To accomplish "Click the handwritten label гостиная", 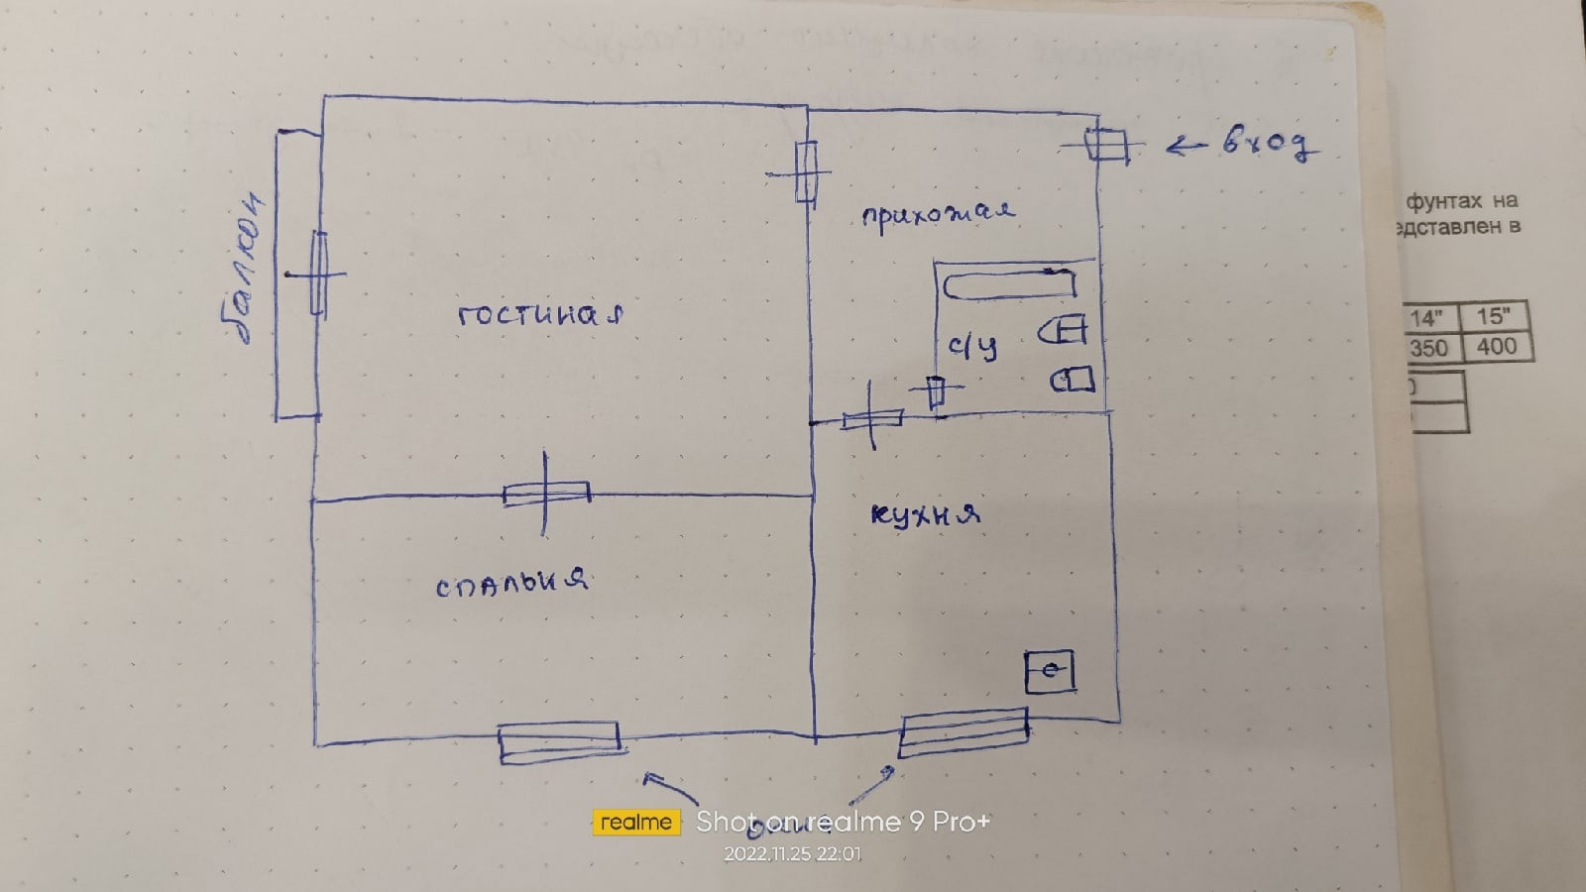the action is (540, 315).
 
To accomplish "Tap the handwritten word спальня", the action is (511, 583).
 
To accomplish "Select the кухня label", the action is (925, 514).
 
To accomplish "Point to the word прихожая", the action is (938, 213).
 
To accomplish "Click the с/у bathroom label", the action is (972, 347).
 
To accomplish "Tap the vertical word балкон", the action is (244, 268).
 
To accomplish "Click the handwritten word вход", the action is (1269, 143).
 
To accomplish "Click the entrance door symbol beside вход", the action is (1105, 146).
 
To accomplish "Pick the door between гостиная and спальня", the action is (545, 493).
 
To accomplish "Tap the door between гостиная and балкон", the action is (317, 274).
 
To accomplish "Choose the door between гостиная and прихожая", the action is (805, 172).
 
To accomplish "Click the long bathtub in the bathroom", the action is (1008, 285).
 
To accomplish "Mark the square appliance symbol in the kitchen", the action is (1050, 672).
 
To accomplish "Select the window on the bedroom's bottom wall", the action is (558, 741).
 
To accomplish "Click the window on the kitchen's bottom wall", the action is (963, 732).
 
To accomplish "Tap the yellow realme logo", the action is (636, 822).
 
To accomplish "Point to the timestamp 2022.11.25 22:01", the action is (792, 853).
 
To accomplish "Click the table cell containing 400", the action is (1496, 347).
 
